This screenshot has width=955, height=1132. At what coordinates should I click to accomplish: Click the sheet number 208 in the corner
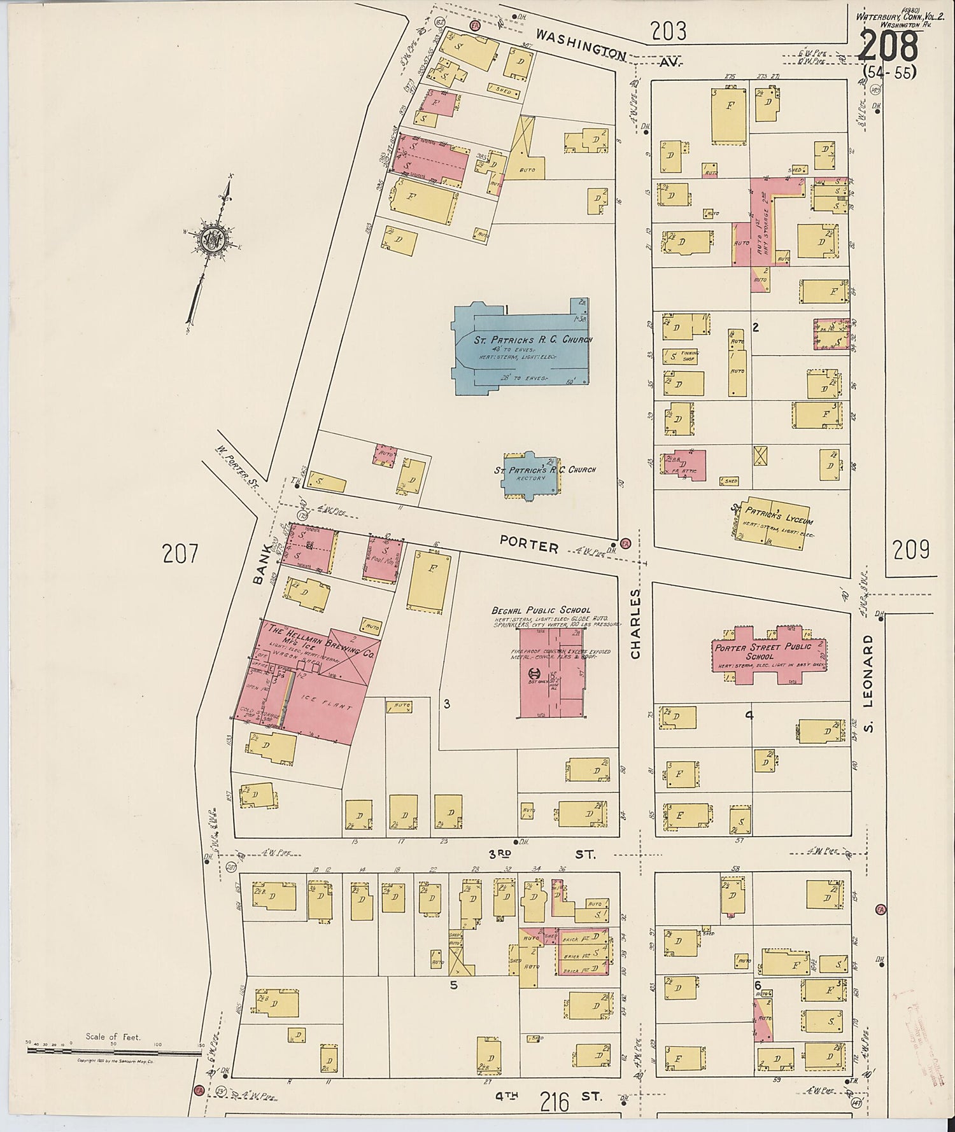(889, 46)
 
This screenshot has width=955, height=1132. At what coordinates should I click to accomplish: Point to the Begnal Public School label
(541, 610)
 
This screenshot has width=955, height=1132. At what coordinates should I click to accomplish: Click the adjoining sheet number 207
(181, 554)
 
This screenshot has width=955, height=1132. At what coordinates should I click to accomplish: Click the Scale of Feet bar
(115, 1051)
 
